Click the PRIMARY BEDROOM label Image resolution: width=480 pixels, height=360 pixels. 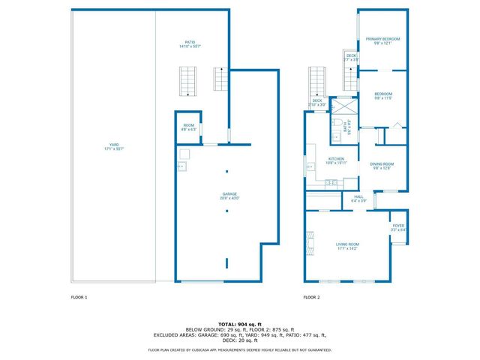pos(382,39)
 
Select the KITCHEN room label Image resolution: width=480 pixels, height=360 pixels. pos(335,159)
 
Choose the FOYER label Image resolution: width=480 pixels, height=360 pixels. pos(398,226)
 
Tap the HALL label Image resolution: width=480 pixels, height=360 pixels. pos(358,197)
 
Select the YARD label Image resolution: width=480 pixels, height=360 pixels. pos(114,145)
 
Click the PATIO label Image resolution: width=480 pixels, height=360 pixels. pos(190,43)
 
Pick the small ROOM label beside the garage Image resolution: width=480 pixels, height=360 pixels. pos(188,126)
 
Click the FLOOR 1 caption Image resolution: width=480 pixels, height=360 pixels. pos(79,298)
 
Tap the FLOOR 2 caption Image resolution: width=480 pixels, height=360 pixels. pos(311,298)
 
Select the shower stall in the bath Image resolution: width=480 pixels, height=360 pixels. pos(343,105)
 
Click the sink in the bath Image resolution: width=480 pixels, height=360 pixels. pos(335,137)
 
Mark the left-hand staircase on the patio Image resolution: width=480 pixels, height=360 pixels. pos(187,82)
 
